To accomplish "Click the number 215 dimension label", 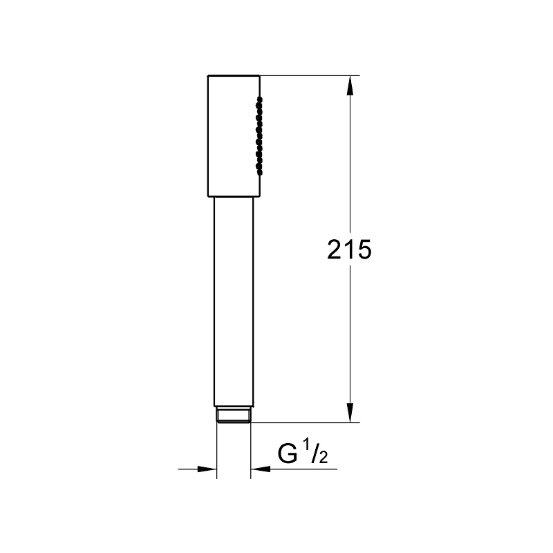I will tap(350, 250).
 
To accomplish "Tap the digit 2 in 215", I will tap(335, 250).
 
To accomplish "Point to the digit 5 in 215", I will tap(364, 250).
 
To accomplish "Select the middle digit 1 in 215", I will tap(350, 250).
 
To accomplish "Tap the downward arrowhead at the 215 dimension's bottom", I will tap(350, 412).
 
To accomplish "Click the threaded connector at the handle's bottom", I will tap(234, 415).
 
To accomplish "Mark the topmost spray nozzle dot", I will tap(261, 100).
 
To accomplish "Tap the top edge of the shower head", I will tap(234, 75).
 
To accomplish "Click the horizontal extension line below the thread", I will tap(304, 422).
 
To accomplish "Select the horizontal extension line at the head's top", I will tap(311, 75).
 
